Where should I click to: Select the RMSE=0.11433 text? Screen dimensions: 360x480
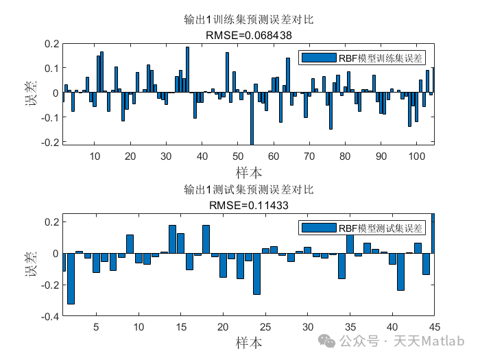coord(248,203)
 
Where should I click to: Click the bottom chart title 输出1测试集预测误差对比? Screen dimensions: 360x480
coord(248,189)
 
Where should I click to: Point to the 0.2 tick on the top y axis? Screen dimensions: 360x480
coord(51,44)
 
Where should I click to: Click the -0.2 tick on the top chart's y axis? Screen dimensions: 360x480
coord(49,143)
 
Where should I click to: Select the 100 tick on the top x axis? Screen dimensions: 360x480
coord(416,156)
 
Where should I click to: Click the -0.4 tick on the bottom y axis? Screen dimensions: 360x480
coord(49,317)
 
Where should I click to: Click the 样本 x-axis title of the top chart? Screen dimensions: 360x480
coord(248,171)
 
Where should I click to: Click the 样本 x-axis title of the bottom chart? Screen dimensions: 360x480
coord(248,341)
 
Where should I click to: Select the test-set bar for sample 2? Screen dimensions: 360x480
coord(71,278)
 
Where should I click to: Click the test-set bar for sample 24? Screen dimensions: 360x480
coord(256,274)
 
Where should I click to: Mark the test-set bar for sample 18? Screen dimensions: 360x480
coord(206,239)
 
